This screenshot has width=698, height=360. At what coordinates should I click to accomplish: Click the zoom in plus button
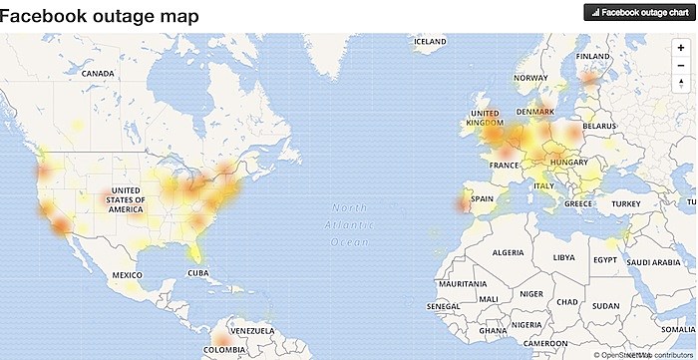pos(680,48)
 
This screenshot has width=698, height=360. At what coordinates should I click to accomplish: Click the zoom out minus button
pos(680,65)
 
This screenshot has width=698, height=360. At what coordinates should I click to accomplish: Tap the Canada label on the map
pos(99,74)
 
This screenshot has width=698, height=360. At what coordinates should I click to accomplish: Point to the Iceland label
pos(430,42)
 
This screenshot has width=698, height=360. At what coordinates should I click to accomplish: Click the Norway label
pos(530,78)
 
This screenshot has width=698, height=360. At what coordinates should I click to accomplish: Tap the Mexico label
pos(128,274)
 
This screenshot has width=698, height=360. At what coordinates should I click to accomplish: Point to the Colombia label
pos(222,349)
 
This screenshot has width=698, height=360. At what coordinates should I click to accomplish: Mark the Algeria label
pos(509,253)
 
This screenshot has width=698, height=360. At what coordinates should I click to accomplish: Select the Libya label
pos(564,257)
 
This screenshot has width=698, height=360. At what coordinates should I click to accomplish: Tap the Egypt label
pos(605,259)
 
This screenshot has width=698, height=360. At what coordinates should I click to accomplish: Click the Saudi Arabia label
pos(654,263)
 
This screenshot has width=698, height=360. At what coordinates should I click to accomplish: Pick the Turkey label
pos(627,204)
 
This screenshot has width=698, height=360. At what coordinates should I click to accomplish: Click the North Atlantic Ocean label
pos(350,224)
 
